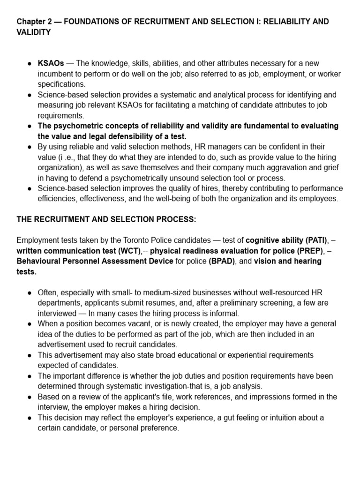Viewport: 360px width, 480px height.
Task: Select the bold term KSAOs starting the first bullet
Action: point(51,63)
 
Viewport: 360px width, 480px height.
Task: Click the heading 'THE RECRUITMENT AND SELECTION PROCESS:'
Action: point(106,219)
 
